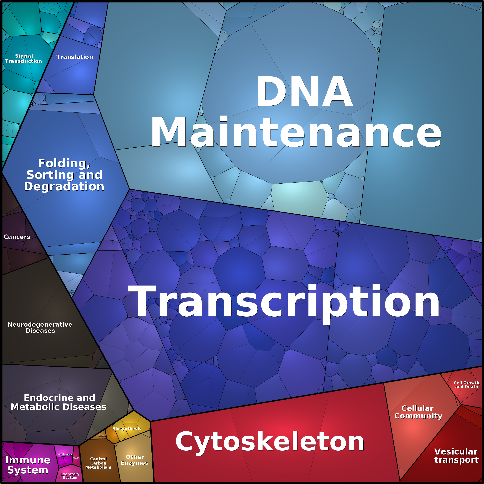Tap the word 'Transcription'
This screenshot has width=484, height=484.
(x=283, y=302)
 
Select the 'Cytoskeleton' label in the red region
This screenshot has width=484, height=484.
(x=270, y=442)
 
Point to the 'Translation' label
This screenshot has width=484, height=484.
(x=75, y=57)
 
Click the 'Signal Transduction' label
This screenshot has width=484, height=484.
(x=23, y=59)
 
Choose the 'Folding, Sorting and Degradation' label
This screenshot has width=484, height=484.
(x=64, y=175)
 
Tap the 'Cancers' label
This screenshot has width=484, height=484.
(x=17, y=237)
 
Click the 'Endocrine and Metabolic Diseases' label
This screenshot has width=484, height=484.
(x=59, y=402)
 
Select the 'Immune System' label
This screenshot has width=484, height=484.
(x=28, y=465)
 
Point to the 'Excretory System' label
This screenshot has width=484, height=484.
(x=70, y=476)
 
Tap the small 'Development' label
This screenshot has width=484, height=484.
(x=65, y=454)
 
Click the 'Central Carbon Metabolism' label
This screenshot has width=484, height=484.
(x=98, y=463)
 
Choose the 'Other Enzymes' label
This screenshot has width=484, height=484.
(x=134, y=460)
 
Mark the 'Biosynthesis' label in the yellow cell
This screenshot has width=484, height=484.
(x=127, y=429)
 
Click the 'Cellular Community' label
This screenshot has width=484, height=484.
(x=418, y=412)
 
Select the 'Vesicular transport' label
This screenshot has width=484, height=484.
(x=456, y=456)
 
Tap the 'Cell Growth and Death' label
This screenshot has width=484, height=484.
(x=466, y=385)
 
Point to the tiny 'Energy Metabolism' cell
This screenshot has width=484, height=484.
(x=102, y=436)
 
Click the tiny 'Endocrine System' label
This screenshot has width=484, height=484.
(x=76, y=458)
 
